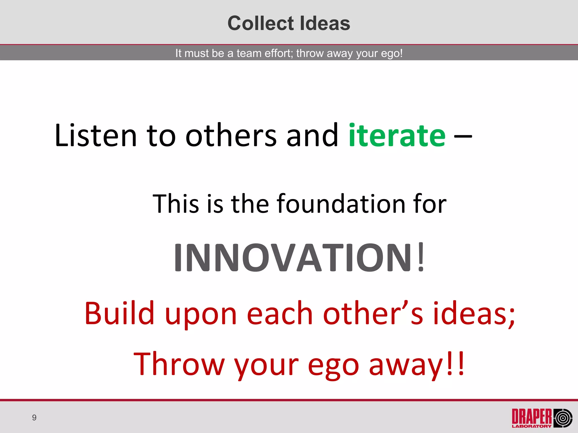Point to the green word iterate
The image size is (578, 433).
(x=397, y=136)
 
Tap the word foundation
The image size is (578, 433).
(x=341, y=204)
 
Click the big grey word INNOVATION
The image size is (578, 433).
(x=293, y=258)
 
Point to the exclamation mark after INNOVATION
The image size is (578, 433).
(x=421, y=258)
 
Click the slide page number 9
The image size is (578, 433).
(x=34, y=417)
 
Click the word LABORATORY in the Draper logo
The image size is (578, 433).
(x=532, y=426)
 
